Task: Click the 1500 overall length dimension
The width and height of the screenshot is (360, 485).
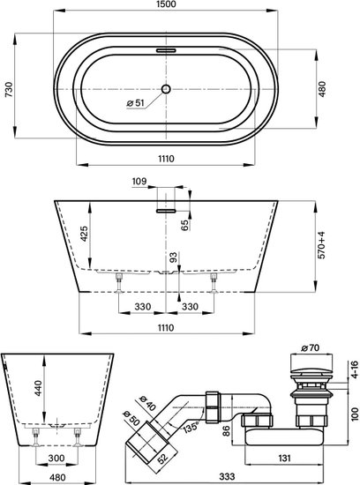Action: (x=166, y=4)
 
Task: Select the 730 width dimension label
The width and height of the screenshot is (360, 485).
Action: (x=9, y=90)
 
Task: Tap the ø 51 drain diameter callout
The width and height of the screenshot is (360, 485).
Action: (x=136, y=103)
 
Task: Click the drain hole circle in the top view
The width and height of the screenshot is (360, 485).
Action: (x=166, y=89)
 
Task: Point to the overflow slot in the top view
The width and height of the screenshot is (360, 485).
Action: (x=166, y=50)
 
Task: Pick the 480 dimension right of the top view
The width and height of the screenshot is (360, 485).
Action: (x=322, y=89)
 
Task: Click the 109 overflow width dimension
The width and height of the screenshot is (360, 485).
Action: (x=139, y=182)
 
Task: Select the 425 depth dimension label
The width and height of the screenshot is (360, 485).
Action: (x=84, y=235)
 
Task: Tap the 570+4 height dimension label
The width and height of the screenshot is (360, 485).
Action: (x=322, y=245)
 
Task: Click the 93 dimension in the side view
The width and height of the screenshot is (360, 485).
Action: (x=173, y=257)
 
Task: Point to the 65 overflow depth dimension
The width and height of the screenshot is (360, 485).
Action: (x=184, y=225)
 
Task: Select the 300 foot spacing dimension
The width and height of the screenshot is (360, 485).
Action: (x=56, y=458)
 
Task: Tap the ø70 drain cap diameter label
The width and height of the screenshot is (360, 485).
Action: (x=311, y=348)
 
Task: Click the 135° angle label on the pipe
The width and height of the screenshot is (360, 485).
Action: (x=190, y=428)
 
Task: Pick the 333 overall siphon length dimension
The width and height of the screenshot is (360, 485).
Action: (x=227, y=477)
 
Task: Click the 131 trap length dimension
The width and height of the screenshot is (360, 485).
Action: (x=284, y=458)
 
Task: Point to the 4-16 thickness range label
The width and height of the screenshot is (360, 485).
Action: (x=355, y=369)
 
